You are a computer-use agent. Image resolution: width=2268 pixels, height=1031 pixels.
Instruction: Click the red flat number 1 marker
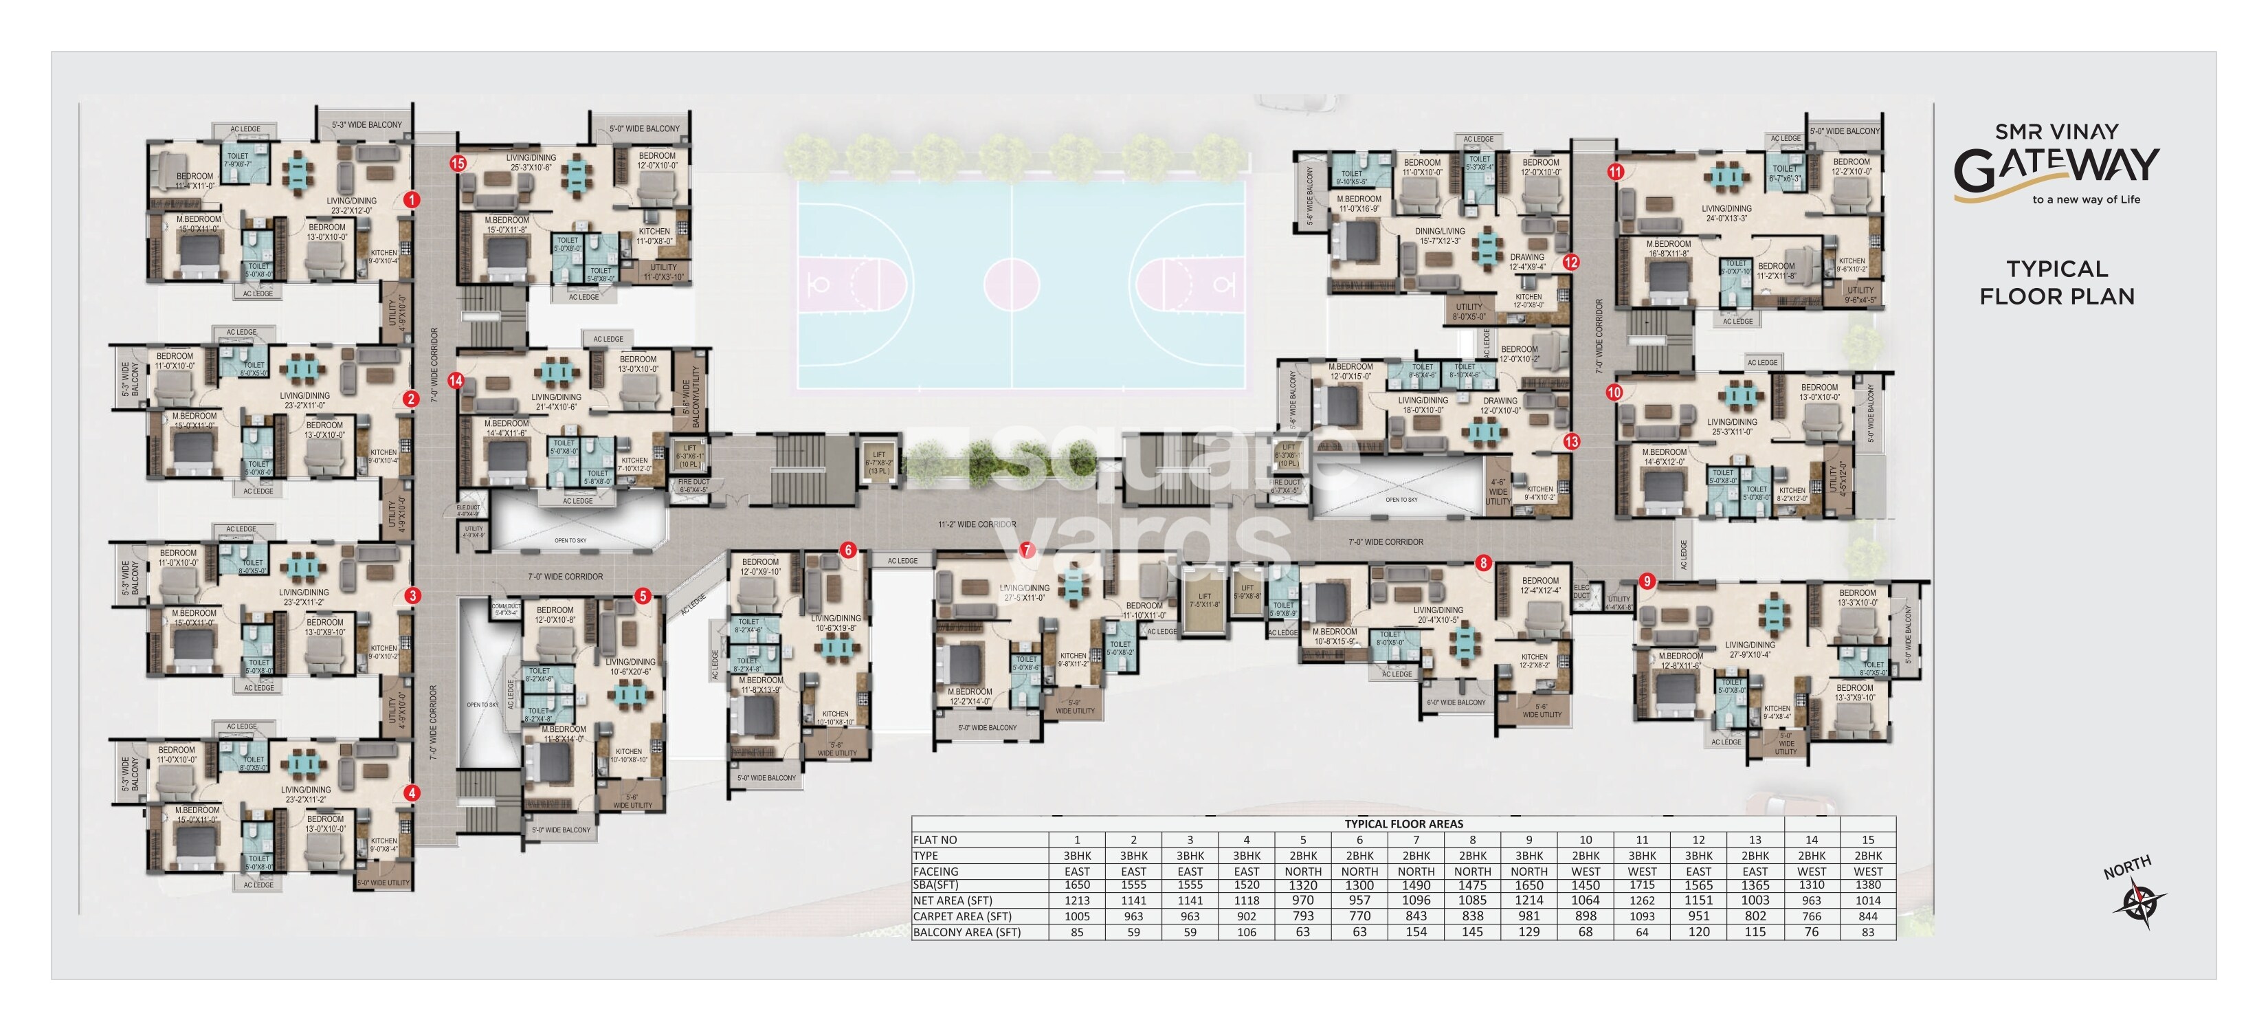(x=411, y=200)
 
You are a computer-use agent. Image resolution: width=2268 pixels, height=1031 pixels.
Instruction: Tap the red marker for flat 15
(x=458, y=163)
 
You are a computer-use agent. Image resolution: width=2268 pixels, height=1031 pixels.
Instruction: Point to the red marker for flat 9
(x=1647, y=581)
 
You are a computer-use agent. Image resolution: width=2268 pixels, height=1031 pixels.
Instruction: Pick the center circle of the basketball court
(x=1012, y=285)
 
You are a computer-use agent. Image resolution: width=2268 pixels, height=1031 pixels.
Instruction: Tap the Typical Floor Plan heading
(x=2057, y=282)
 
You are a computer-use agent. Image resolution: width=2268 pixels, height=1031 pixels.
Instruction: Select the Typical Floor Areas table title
(x=1403, y=824)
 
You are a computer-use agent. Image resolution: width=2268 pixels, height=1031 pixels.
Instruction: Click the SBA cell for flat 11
(x=1642, y=885)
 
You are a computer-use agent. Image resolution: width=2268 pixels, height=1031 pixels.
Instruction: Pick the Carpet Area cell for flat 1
(x=1077, y=916)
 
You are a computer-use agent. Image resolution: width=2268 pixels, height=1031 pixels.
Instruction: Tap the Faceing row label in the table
(x=936, y=872)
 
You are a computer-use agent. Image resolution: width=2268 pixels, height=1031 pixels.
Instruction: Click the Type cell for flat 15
(x=1867, y=856)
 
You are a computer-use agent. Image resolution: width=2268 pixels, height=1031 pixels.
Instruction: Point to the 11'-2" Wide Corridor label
(x=977, y=524)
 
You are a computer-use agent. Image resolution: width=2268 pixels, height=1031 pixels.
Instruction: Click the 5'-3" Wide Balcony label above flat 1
(x=366, y=125)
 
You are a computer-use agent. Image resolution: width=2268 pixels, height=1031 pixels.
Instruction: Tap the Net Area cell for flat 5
(x=1303, y=900)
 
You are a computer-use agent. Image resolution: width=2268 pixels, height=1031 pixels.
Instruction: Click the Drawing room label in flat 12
(x=1526, y=258)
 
